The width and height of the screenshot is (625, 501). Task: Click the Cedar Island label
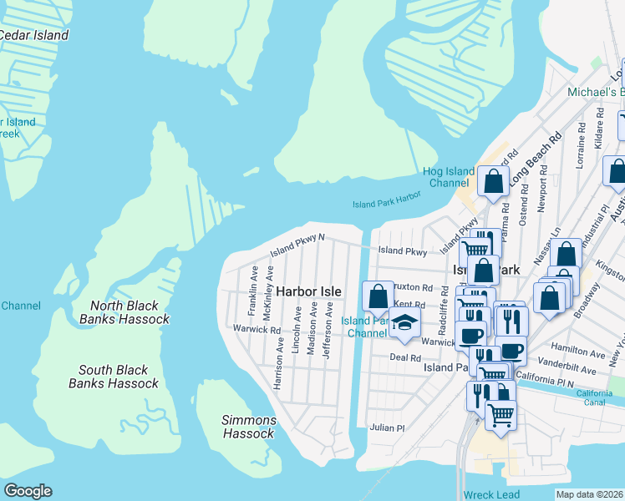(x=33, y=35)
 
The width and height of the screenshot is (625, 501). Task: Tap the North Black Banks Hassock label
(x=124, y=311)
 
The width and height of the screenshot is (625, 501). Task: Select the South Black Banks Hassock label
(x=114, y=377)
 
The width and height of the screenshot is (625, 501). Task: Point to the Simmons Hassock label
(x=249, y=427)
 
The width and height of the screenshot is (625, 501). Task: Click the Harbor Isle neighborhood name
(x=308, y=291)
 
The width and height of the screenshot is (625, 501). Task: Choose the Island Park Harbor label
(x=386, y=202)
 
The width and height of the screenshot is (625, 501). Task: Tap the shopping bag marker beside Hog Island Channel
(x=494, y=181)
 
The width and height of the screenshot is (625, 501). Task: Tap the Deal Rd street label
(x=405, y=357)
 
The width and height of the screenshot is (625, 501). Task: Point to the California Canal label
(x=593, y=399)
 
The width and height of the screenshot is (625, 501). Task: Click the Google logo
(x=28, y=491)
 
